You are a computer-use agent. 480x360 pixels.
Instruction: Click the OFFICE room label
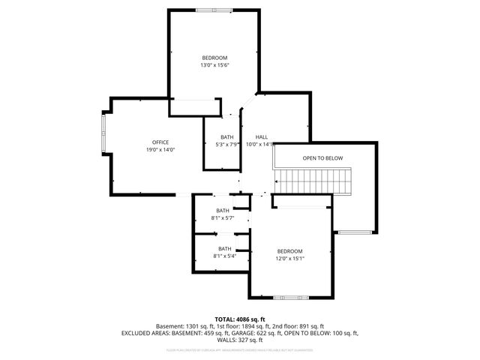(160, 142)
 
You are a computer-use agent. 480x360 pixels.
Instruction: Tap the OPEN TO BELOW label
(322, 158)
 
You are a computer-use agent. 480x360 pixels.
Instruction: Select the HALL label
(262, 137)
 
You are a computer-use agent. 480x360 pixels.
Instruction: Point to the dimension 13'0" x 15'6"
(214, 65)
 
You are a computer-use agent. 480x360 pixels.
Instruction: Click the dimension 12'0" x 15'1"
(289, 259)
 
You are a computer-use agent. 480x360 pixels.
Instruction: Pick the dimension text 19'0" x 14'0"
(160, 150)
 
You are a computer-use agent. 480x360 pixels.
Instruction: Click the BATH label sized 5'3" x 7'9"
(227, 137)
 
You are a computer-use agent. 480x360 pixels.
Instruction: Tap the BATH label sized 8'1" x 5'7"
(223, 211)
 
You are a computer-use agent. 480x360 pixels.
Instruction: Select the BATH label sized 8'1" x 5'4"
(225, 248)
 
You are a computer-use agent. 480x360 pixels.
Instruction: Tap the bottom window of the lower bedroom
(290, 298)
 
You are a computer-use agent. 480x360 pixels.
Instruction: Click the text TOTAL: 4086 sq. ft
(240, 319)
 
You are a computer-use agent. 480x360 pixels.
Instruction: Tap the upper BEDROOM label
(214, 58)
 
